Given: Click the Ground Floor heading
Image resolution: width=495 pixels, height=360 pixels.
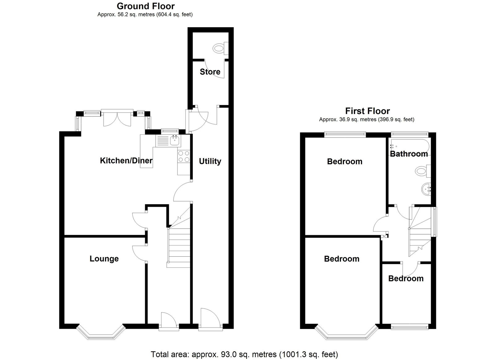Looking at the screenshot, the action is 146,6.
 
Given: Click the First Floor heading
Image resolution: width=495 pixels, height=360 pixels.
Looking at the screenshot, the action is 368,111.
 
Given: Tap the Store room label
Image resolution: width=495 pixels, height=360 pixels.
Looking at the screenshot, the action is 210,72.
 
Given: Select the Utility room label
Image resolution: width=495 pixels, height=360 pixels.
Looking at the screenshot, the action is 210,161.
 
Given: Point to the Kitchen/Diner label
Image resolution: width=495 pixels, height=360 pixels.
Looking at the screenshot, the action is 126,161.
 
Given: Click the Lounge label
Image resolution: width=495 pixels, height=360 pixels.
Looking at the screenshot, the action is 104,259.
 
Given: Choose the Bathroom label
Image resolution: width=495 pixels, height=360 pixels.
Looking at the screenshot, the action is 409,154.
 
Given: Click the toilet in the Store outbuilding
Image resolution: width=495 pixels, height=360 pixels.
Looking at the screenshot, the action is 221,48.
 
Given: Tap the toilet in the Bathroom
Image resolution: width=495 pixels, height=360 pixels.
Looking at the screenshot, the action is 423,171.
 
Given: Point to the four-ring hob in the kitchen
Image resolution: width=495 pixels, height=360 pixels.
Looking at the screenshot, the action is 184,156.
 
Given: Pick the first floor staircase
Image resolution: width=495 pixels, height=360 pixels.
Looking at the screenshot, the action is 420,232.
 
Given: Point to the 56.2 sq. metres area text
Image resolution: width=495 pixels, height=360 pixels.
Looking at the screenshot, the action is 145,15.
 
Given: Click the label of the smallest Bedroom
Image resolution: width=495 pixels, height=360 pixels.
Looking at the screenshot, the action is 406,278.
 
